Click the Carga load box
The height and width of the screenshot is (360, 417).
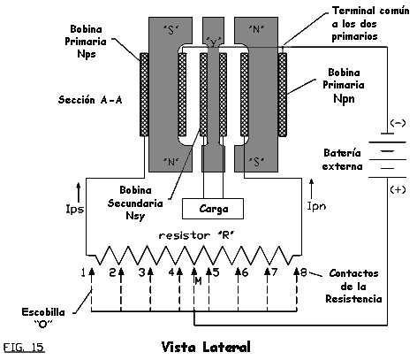pyautogui.click(x=213, y=209)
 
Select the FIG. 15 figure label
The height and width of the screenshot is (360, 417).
pyautogui.click(x=24, y=347)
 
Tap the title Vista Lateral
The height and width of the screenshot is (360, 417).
pyautogui.click(x=206, y=347)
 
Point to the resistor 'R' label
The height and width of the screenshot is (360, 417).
pyautogui.click(x=198, y=235)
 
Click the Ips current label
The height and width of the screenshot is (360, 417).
pyautogui.click(x=75, y=209)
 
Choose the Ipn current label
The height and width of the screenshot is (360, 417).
pyautogui.click(x=316, y=206)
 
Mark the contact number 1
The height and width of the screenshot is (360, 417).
pyautogui.click(x=83, y=273)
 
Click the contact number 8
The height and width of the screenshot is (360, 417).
pyautogui.click(x=304, y=272)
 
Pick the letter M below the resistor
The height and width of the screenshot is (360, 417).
pyautogui.click(x=199, y=281)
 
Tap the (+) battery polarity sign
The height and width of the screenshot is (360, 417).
pyautogui.click(x=398, y=189)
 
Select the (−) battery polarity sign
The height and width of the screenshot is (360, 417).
pyautogui.click(x=398, y=123)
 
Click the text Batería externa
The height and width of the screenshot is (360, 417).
pyautogui.click(x=342, y=159)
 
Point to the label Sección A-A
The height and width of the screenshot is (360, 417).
pyautogui.click(x=90, y=100)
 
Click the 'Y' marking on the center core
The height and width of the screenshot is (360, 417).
pyautogui.click(x=214, y=42)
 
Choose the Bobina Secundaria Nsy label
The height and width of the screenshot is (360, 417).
pyautogui.click(x=135, y=203)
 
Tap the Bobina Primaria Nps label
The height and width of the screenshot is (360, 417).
pyautogui.click(x=86, y=42)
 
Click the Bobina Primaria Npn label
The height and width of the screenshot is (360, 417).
pyautogui.click(x=344, y=85)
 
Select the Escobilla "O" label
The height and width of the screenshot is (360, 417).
pyautogui.click(x=43, y=318)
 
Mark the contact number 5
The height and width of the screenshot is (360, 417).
pyautogui.click(x=216, y=272)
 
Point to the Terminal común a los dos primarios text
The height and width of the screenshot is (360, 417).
pyautogui.click(x=370, y=24)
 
